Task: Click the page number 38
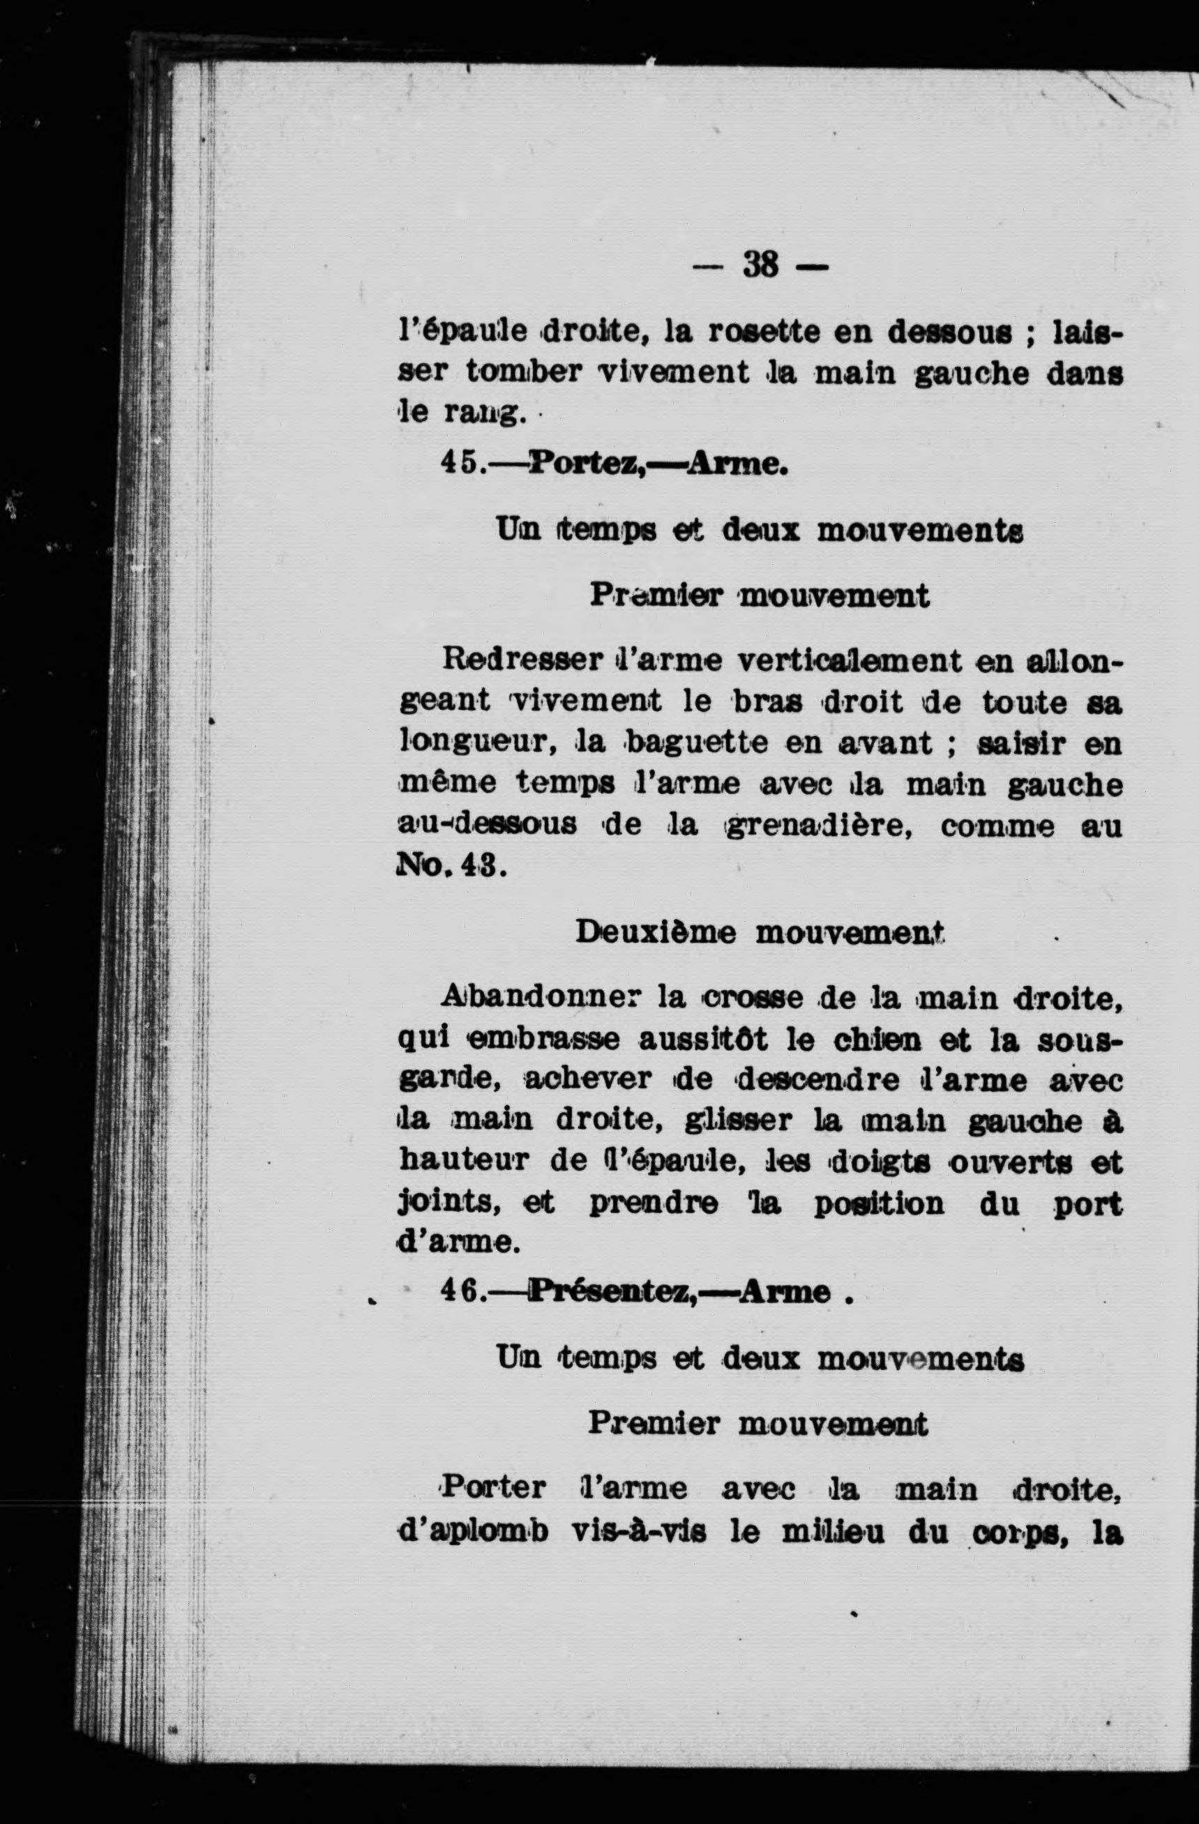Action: [760, 267]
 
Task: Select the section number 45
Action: [460, 463]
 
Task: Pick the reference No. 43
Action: [450, 869]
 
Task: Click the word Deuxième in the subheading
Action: [657, 934]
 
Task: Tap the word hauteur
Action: [465, 1162]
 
